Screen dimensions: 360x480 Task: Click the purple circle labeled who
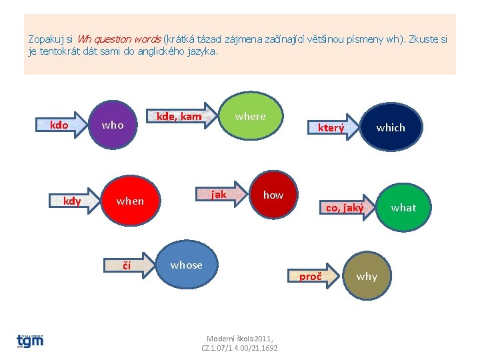pos(113,124)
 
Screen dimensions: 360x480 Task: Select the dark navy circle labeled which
pos(391,127)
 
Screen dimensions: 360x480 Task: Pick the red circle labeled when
pos(130,201)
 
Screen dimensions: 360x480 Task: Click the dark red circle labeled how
pos(273,195)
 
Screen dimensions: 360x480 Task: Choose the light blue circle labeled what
pos(403,207)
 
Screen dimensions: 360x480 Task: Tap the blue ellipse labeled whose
pos(186,265)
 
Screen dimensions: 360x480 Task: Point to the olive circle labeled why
pos(367,276)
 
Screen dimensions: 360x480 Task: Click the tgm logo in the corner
pos(31,340)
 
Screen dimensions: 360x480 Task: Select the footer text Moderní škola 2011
pos(239,339)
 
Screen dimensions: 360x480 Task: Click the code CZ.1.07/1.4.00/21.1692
pos(239,348)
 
